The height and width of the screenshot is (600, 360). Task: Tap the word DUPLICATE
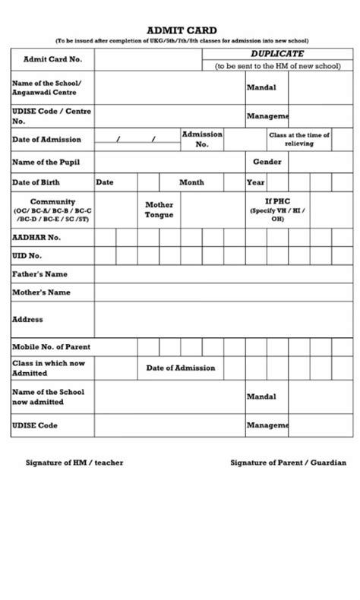click(x=277, y=54)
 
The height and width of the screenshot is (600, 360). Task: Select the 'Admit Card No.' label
click(x=53, y=58)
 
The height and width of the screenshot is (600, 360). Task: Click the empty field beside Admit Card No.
click(x=148, y=58)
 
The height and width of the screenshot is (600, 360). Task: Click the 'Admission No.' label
click(x=202, y=139)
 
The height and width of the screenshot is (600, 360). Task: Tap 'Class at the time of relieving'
click(x=298, y=139)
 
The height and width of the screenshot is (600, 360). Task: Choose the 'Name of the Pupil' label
click(x=46, y=162)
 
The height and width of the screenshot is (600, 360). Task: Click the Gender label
click(x=267, y=162)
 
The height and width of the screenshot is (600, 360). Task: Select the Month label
click(x=191, y=182)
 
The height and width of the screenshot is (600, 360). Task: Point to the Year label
click(x=255, y=182)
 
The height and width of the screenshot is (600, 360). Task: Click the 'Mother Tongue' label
click(x=159, y=210)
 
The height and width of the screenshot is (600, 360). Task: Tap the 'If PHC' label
click(x=278, y=202)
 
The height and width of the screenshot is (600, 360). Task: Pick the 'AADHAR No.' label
click(x=36, y=237)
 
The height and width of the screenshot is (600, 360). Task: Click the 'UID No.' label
click(x=27, y=256)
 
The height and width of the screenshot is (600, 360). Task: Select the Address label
click(x=27, y=320)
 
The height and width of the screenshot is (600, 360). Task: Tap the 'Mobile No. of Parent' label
click(x=51, y=347)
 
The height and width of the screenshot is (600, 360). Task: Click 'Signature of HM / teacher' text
click(x=74, y=462)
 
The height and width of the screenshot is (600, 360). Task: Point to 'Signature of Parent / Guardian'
click(x=288, y=462)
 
